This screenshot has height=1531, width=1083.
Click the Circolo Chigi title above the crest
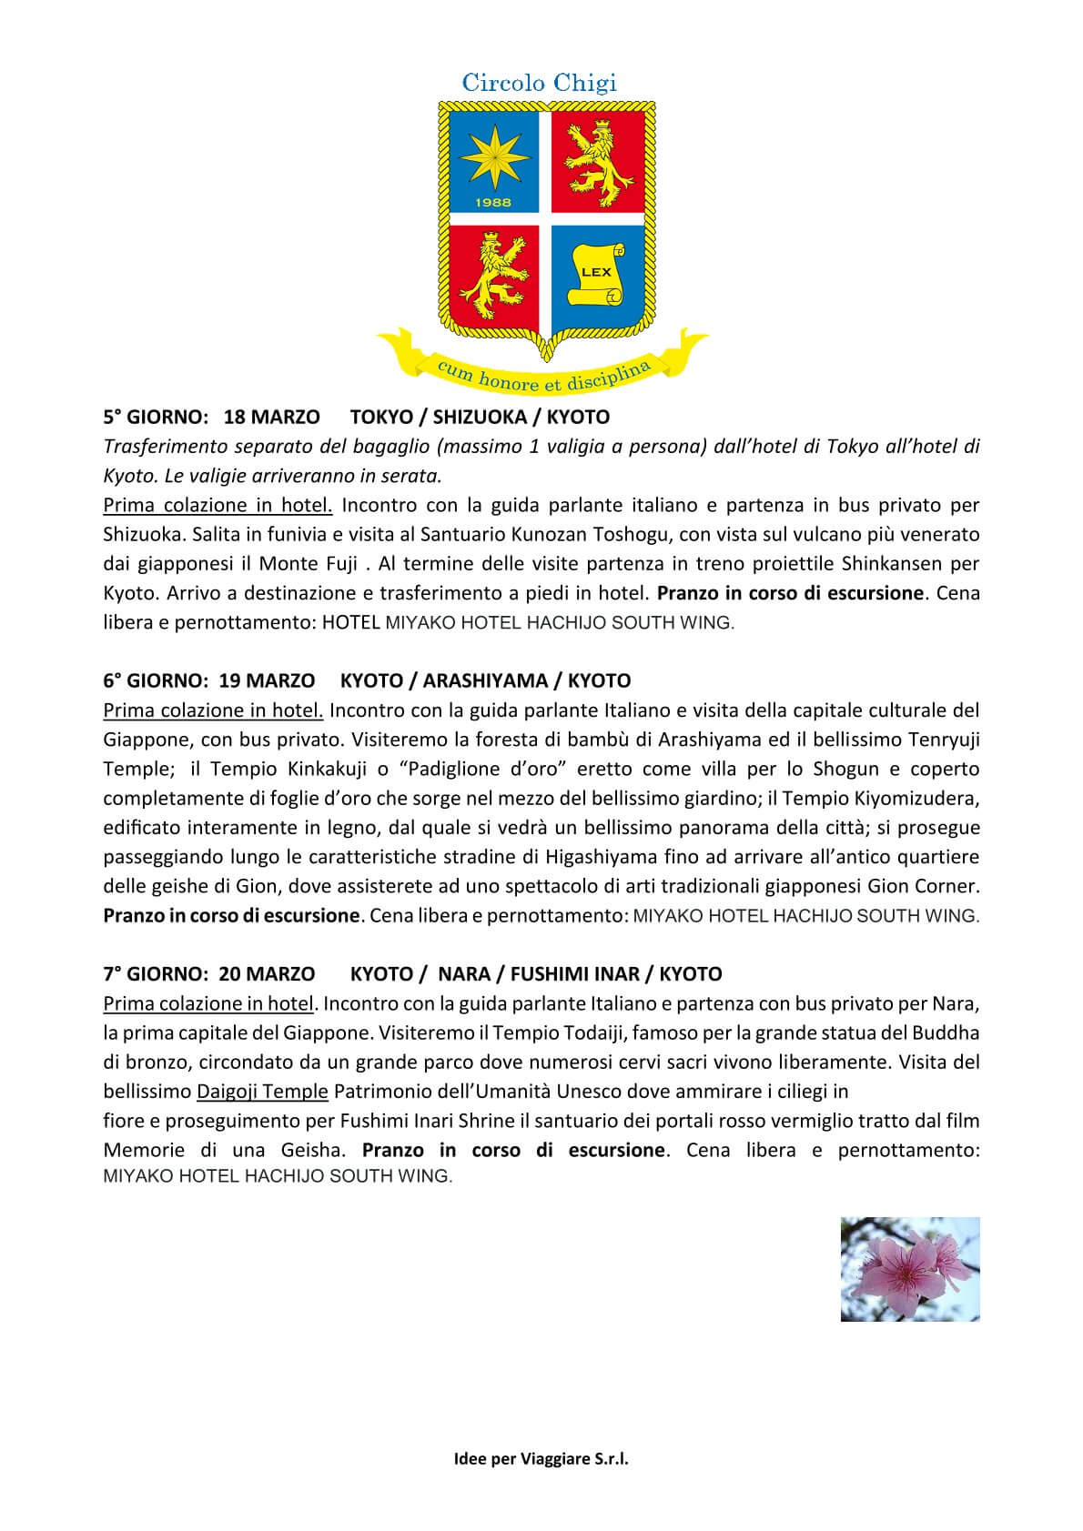(x=540, y=83)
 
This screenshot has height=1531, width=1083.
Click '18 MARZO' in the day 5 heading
(x=271, y=417)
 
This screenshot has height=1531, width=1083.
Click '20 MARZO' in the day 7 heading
(x=268, y=974)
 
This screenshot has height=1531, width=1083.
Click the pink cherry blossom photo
(x=910, y=1269)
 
